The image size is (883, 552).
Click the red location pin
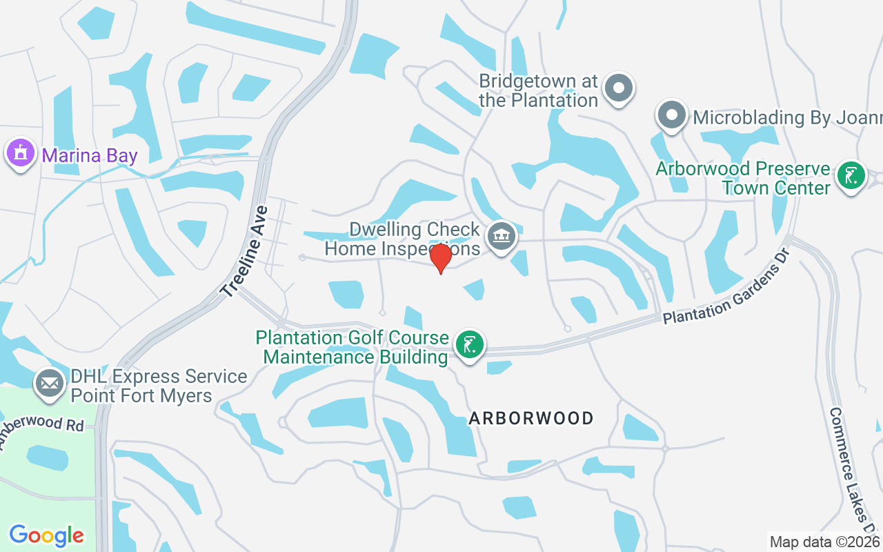pos(440,257)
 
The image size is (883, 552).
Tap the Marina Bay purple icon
pos(20,153)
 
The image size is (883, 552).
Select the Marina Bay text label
pos(90,155)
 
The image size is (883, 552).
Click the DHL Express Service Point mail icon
pos(49,382)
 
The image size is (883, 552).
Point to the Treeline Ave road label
pos(244,248)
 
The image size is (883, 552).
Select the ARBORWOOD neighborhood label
pos(531,418)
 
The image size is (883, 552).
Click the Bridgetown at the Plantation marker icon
pos(618,88)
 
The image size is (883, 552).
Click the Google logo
pos(47,535)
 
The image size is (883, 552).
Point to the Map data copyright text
pos(825,542)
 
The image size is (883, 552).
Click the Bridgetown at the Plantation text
pos(538,90)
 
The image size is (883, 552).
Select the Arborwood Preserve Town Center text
pos(743,178)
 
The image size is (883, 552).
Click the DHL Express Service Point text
pos(159,386)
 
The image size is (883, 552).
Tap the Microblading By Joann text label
pos(786,117)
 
